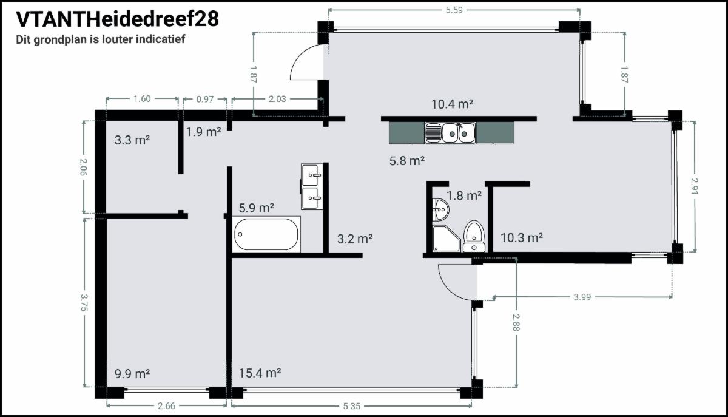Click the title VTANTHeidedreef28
pyautogui.click(x=117, y=19)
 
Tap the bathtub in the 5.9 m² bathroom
pyautogui.click(x=266, y=234)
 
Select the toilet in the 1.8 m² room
pyautogui.click(x=474, y=236)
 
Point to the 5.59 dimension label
pyautogui.click(x=454, y=10)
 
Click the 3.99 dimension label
pyautogui.click(x=582, y=297)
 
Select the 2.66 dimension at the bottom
pyautogui.click(x=166, y=405)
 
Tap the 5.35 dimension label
pyautogui.click(x=352, y=406)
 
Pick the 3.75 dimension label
pyautogui.click(x=84, y=302)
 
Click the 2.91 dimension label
pyautogui.click(x=695, y=186)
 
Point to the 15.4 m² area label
pyautogui.click(x=260, y=373)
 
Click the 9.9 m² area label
pyautogui.click(x=132, y=374)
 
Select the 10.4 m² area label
pyautogui.click(x=452, y=104)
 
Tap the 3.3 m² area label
pyautogui.click(x=132, y=140)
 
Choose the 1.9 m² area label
pyautogui.click(x=203, y=132)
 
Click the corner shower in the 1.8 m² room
pyautogui.click(x=447, y=239)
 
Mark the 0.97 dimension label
pyautogui.click(x=205, y=99)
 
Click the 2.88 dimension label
pyautogui.click(x=516, y=322)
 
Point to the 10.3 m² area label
pyautogui.click(x=521, y=238)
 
